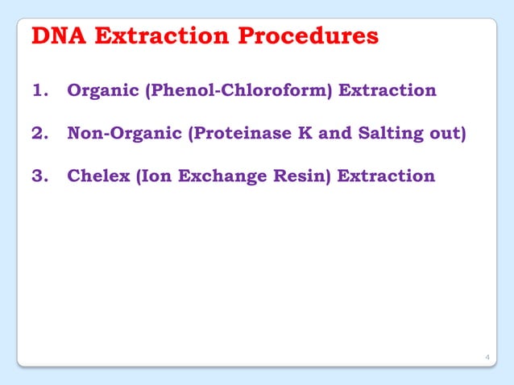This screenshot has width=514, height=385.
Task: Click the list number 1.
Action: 39,89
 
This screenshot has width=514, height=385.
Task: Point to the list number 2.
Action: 39,132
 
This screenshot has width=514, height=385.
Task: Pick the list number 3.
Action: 39,175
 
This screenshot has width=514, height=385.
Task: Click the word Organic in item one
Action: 102,89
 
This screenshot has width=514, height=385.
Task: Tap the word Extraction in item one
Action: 388,89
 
